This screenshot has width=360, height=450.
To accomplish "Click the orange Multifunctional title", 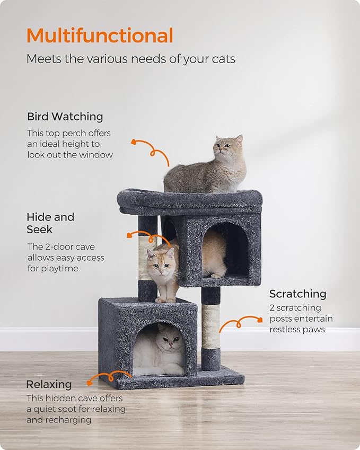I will click(100, 36).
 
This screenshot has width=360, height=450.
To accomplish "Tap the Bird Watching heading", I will click(65, 117).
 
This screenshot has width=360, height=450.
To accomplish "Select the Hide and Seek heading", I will click(50, 223).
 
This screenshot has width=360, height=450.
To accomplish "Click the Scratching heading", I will click(297, 294).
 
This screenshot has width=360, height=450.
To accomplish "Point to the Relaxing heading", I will click(49, 384).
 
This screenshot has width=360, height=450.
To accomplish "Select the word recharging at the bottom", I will click(68, 420).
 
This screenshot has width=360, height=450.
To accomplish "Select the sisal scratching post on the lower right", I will click(210, 325).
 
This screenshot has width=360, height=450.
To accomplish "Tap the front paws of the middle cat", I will click(165, 299).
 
